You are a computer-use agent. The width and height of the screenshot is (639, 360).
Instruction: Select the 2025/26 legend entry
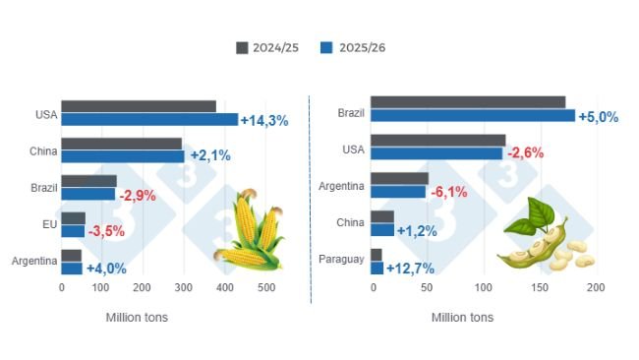coord(358,47)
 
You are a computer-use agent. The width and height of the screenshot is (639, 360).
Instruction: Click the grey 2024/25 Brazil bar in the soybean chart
coord(468,102)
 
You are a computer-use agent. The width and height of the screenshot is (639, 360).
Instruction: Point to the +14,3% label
coord(264,121)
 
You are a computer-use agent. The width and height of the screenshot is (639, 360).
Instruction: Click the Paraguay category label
coord(342,260)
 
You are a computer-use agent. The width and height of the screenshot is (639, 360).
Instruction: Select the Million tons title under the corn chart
coord(136,318)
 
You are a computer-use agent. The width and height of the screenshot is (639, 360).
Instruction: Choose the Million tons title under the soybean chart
coord(462,318)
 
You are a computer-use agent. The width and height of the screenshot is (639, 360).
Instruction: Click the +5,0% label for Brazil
coord(598,117)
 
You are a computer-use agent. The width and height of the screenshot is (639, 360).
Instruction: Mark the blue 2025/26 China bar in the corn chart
coord(123,156)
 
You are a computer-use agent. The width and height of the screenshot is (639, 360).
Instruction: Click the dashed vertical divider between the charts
coord(310,197)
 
